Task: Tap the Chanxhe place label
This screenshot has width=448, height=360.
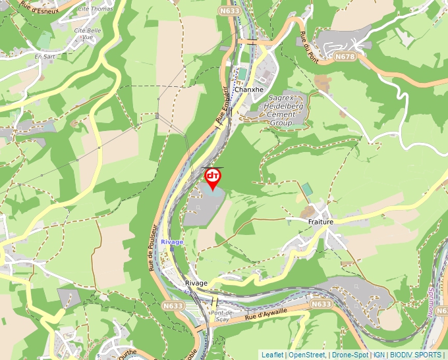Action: [248, 90]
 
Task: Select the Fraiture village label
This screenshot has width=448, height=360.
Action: [320, 222]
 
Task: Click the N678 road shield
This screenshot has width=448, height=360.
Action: [344, 57]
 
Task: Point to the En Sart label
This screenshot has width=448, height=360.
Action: [45, 57]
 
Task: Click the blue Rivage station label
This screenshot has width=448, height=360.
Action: [172, 242]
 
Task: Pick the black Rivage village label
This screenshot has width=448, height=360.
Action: [196, 283]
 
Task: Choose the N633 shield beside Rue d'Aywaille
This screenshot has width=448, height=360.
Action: [321, 304]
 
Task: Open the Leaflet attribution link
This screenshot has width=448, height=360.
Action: [272, 355]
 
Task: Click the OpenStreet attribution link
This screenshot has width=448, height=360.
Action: [307, 355]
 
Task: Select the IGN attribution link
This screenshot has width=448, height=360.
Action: [379, 355]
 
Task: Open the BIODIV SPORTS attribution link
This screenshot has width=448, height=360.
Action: [415, 355]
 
